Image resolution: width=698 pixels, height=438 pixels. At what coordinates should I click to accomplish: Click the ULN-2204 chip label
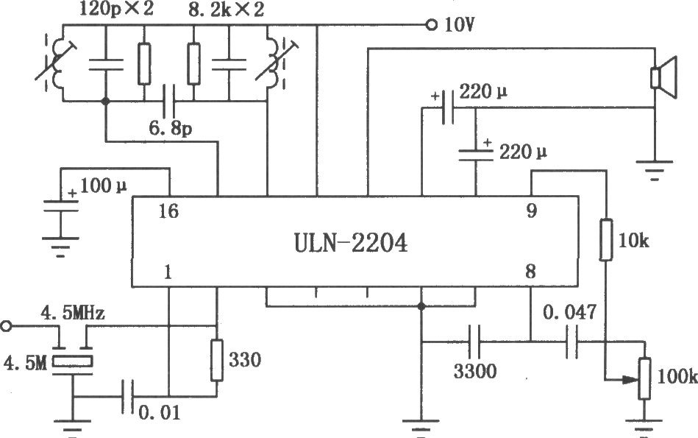(x=350, y=243)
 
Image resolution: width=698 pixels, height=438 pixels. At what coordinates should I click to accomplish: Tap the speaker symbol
(x=663, y=77)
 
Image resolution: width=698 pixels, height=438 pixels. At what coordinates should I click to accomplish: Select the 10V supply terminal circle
(x=431, y=25)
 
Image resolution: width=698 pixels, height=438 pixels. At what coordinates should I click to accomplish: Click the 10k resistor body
(x=605, y=239)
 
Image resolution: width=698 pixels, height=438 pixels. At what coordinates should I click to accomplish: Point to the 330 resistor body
(x=216, y=360)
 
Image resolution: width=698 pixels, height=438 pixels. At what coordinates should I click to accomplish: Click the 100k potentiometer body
(x=644, y=378)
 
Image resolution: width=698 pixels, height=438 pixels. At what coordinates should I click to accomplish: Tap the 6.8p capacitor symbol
(x=168, y=101)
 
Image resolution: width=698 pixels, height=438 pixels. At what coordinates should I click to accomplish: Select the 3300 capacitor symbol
(x=475, y=342)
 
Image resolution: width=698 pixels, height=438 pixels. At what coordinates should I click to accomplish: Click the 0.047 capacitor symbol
(x=572, y=342)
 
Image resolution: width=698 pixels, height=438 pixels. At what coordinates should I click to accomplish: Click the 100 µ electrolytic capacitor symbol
(x=60, y=206)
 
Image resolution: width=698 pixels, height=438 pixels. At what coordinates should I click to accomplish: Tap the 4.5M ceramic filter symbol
(x=73, y=360)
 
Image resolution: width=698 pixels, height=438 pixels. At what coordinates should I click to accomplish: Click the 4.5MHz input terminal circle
(x=6, y=326)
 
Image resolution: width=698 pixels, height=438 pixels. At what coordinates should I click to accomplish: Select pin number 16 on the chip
(x=168, y=211)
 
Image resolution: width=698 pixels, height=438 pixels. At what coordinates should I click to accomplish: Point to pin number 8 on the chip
(x=530, y=272)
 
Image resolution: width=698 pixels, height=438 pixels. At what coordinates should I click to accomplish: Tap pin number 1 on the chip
(x=168, y=272)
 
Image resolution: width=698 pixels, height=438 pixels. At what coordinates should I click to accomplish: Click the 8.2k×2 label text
(x=226, y=10)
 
